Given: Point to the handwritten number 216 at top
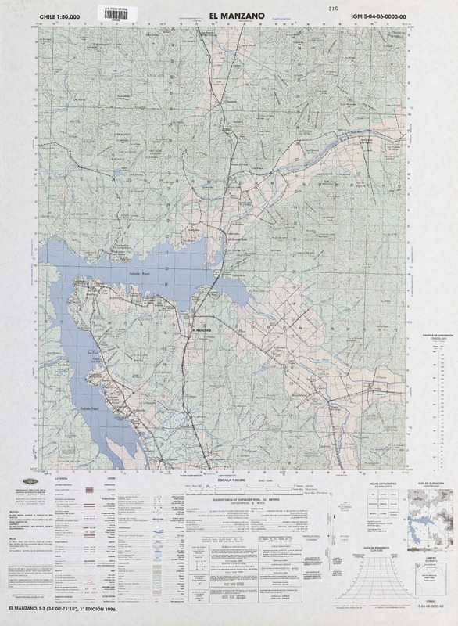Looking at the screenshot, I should tap(311, 6).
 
